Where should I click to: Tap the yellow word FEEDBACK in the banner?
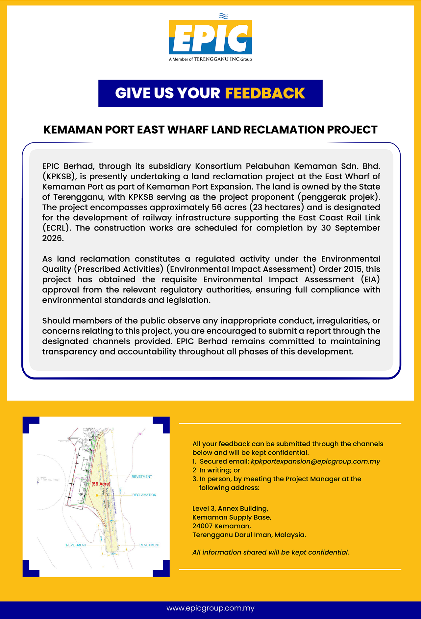265,93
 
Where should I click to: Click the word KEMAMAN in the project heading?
73,130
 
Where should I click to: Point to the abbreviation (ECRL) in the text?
56,228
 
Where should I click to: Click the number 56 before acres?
216,208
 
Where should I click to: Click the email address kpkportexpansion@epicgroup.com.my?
315,461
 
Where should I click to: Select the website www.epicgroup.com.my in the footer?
210,608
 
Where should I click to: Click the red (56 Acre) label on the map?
101,484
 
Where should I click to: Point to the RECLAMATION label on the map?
144,495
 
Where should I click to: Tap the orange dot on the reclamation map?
97,495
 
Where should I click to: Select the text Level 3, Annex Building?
230,508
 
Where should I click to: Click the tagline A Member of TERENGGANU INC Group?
210,59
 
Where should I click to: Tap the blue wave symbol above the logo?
223,16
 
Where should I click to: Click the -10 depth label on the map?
139,434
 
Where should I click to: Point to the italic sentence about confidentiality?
270,552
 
